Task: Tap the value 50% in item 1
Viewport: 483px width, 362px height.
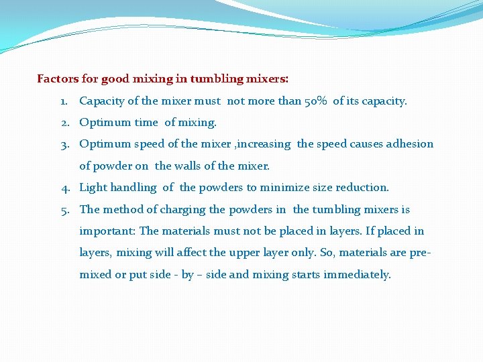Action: (x=317, y=101)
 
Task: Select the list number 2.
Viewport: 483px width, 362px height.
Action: (x=64, y=123)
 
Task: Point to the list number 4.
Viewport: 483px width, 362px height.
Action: (x=64, y=188)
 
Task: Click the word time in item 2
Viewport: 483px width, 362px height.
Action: (x=146, y=123)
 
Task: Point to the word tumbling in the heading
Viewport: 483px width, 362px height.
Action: (x=213, y=79)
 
